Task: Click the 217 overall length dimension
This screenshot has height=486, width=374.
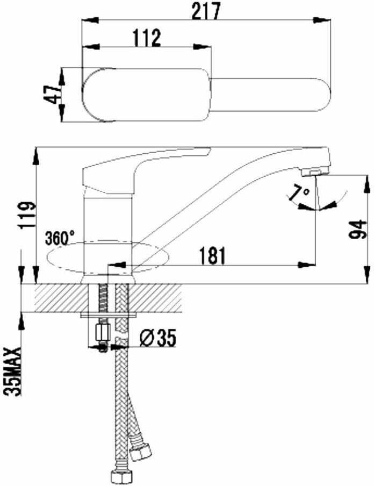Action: (206, 11)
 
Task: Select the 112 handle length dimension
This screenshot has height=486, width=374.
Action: (147, 38)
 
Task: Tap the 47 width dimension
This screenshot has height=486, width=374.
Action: (52, 95)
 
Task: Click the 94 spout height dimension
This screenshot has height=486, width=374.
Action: (357, 230)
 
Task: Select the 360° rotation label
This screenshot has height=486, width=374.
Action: (60, 238)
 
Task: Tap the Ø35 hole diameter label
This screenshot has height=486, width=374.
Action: (158, 338)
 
